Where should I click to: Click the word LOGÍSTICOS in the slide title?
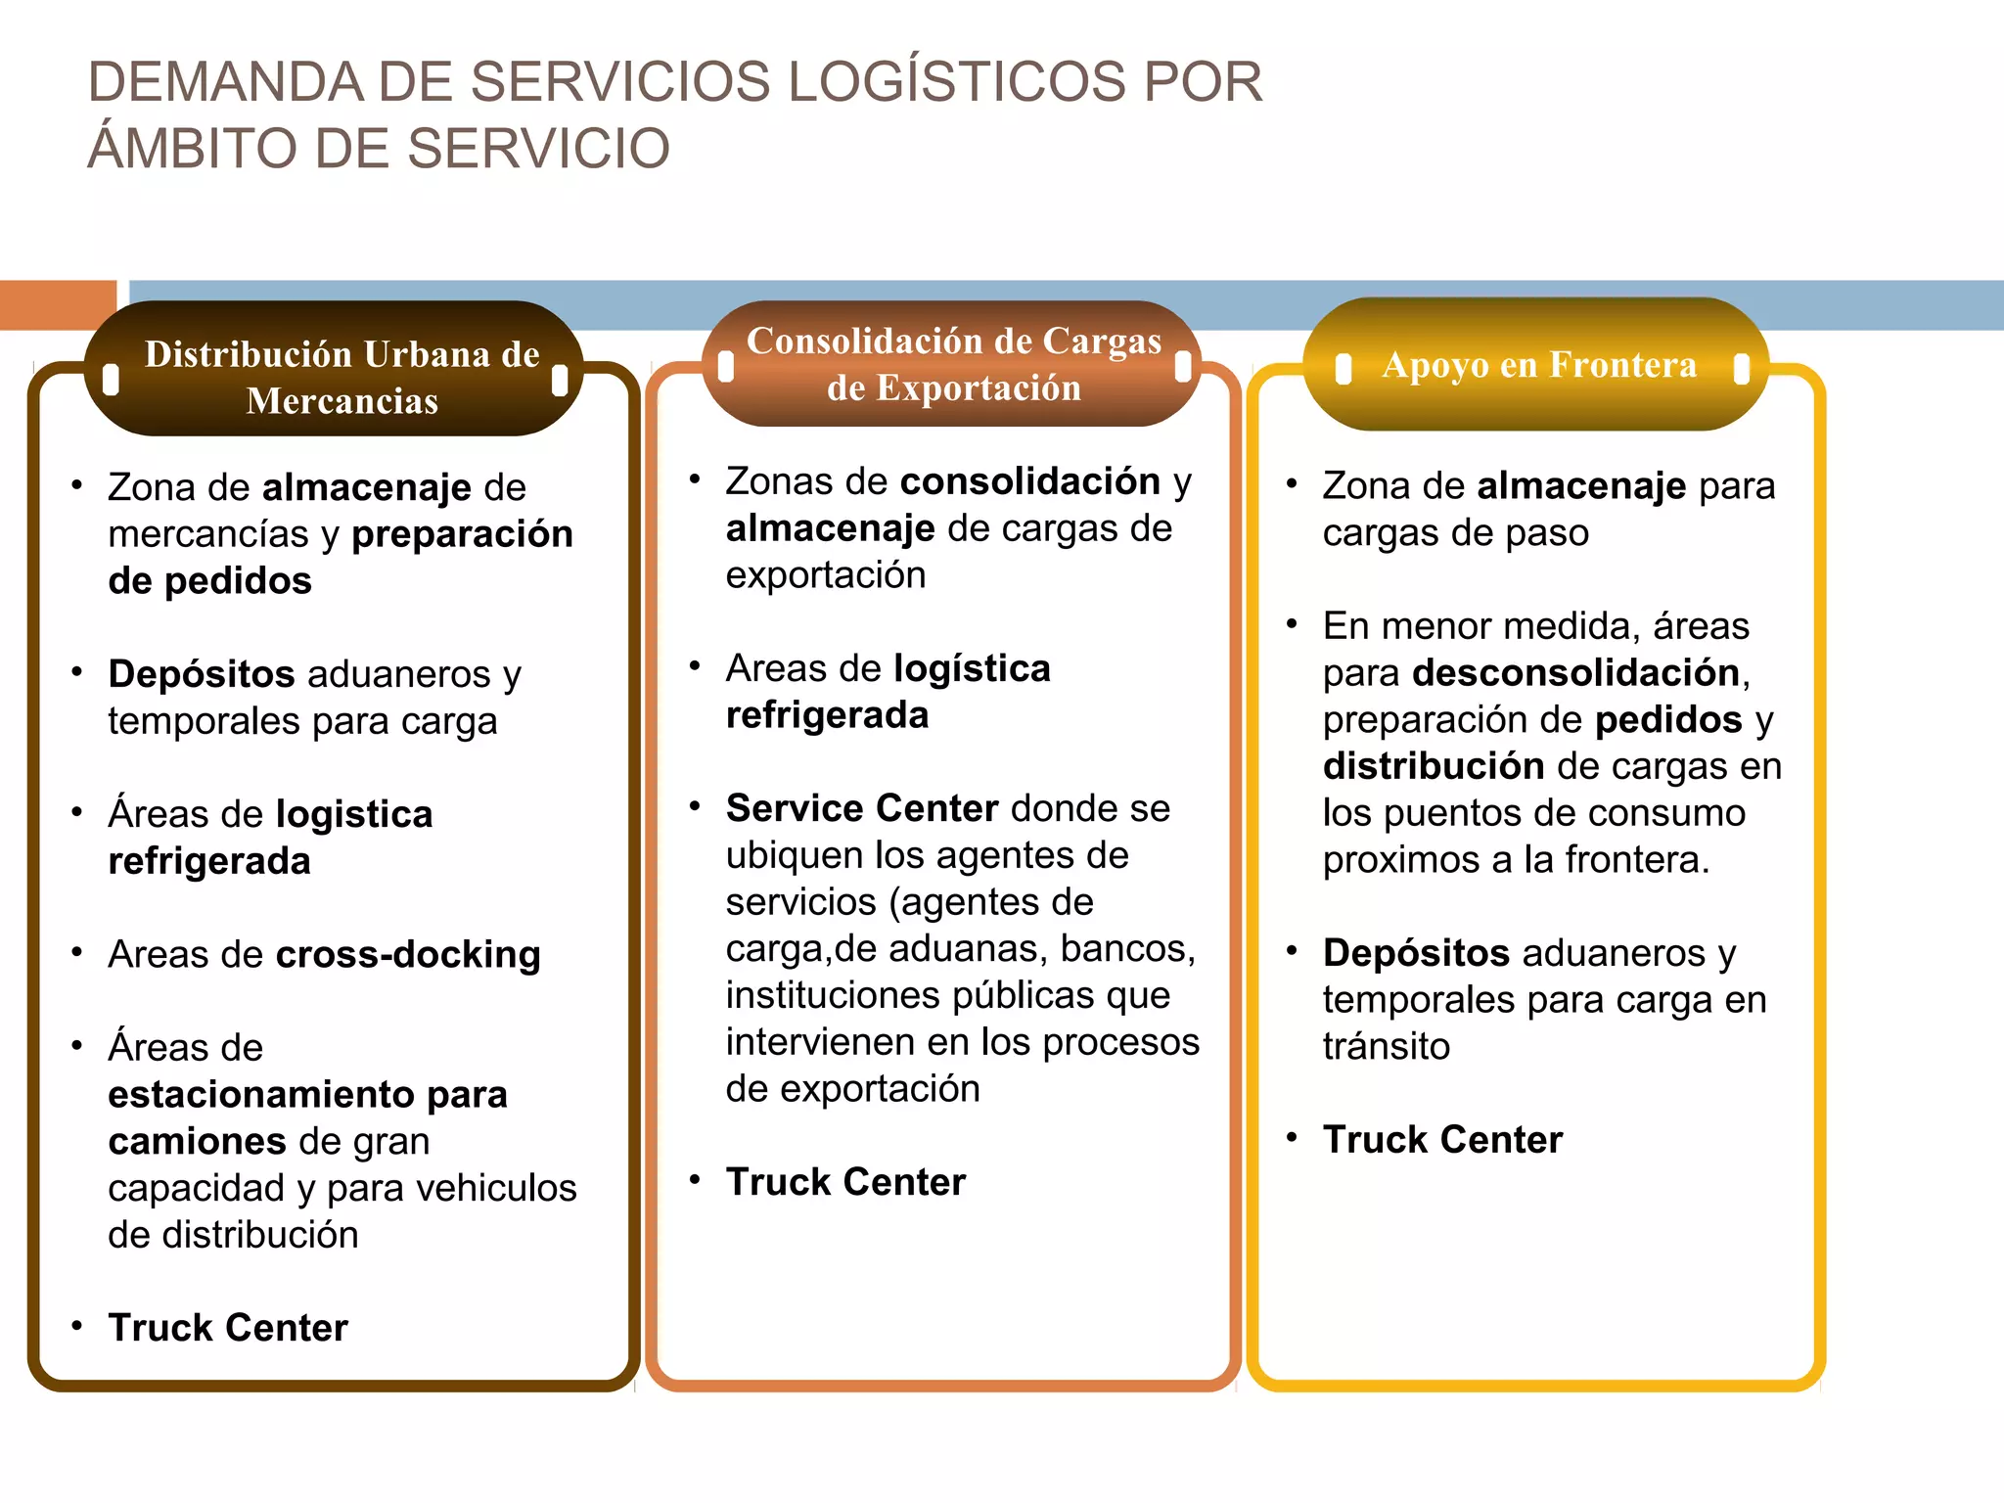tap(956, 81)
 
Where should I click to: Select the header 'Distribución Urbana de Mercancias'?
tap(342, 377)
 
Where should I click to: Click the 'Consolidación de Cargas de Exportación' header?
tap(953, 364)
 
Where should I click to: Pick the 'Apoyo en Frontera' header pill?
tap(1538, 365)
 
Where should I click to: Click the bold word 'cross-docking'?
tap(408, 955)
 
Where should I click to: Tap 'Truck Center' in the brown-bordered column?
tap(228, 1328)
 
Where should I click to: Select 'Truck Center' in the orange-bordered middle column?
tap(845, 1182)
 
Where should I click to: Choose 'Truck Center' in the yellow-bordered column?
tap(1442, 1140)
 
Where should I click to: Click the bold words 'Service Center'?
tap(861, 809)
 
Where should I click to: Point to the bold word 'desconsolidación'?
tap(1575, 673)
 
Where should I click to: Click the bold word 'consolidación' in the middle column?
tap(1030, 481)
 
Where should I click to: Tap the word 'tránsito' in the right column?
tap(1386, 1047)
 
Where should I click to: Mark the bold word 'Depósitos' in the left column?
tap(202, 674)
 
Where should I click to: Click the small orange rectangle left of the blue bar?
tap(58, 304)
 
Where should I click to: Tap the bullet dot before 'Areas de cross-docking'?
tap(77, 953)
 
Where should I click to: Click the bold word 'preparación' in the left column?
tap(462, 534)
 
